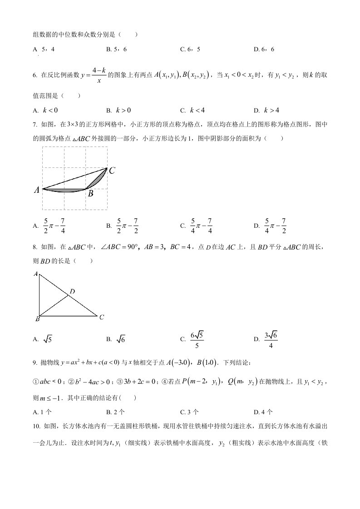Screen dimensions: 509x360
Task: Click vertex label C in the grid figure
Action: (112, 171)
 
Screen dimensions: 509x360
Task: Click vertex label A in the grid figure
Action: (37, 191)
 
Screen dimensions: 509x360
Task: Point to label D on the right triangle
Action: (72, 292)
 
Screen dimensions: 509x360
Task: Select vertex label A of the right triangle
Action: (35, 274)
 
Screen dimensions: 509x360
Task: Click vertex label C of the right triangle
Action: (102, 317)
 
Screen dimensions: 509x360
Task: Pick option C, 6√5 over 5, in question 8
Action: (197, 339)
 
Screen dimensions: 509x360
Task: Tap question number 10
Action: (37, 427)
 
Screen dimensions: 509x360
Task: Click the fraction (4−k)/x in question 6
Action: (99, 75)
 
